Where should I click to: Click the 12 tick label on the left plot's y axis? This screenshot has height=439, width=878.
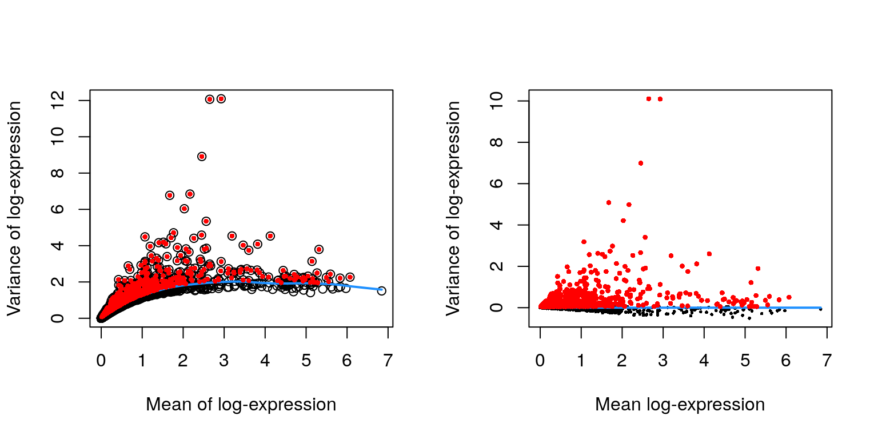[58, 101]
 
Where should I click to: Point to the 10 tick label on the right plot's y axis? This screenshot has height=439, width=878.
[497, 101]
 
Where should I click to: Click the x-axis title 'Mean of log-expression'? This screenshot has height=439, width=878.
[241, 405]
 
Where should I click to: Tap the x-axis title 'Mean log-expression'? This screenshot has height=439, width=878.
[680, 405]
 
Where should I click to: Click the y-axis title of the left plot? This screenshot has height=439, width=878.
[14, 208]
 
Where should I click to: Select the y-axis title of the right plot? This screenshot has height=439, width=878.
[453, 208]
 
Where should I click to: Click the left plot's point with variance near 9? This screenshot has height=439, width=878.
[202, 156]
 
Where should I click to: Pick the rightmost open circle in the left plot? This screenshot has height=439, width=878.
[381, 290]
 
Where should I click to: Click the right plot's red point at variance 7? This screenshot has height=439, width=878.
[641, 163]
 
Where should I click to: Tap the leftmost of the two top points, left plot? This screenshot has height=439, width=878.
[209, 99]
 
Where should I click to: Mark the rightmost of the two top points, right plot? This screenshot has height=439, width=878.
[660, 99]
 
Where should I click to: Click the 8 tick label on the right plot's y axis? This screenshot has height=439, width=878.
[497, 142]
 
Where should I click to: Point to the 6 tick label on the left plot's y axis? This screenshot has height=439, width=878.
[58, 209]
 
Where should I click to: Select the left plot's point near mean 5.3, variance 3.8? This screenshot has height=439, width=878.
[318, 249]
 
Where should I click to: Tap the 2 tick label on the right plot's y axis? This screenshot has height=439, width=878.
[497, 266]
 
